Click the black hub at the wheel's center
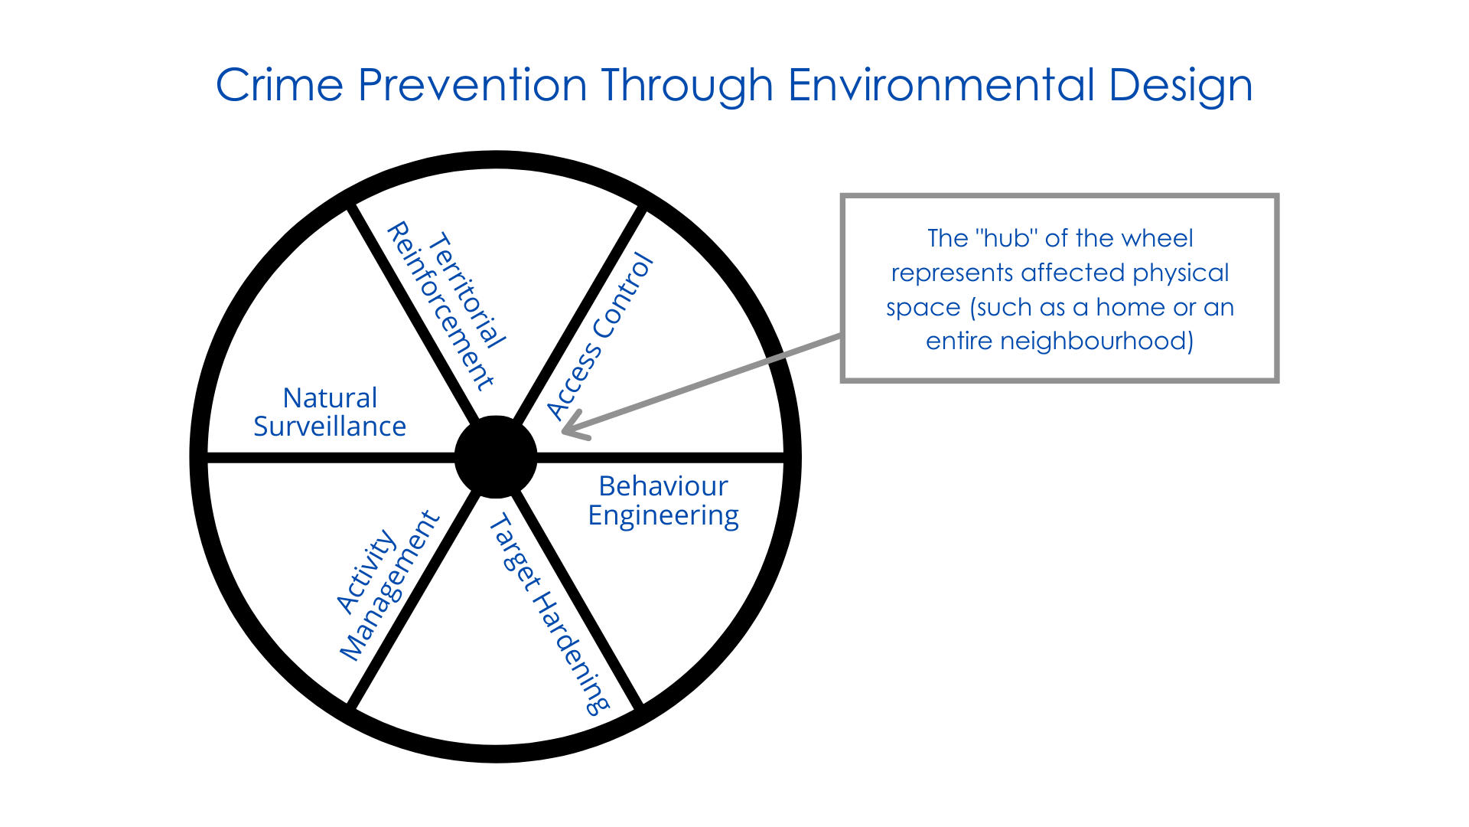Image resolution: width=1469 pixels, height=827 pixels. [x=496, y=456]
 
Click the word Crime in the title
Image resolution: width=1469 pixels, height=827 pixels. [x=279, y=84]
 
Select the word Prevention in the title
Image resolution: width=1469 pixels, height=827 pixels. [x=472, y=84]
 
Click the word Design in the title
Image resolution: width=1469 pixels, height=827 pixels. [x=1181, y=86]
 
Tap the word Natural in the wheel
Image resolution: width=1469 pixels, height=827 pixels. [x=330, y=398]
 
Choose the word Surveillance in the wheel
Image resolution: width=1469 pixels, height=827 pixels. [x=330, y=427]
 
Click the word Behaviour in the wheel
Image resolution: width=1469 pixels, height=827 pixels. [x=663, y=486]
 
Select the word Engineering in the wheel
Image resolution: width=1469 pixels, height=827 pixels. [x=663, y=516]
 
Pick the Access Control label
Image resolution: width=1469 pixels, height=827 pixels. [x=601, y=337]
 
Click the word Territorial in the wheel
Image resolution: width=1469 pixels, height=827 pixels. [x=467, y=290]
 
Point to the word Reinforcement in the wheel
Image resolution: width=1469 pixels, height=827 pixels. [x=441, y=306]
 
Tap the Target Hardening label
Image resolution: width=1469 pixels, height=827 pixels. [x=549, y=615]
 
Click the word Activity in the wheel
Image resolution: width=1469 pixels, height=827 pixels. [x=366, y=571]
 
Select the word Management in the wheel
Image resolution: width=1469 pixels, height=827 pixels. [x=390, y=586]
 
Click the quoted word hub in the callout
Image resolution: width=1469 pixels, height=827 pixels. [x=1006, y=238]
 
